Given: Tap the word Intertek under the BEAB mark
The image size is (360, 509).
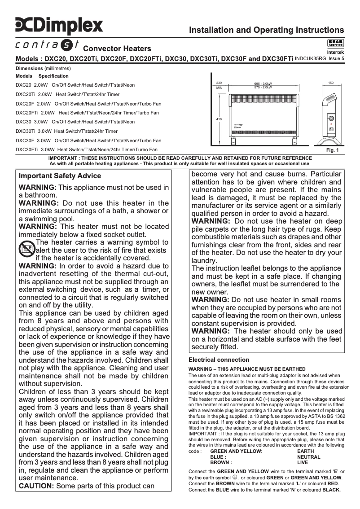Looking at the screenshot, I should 335,52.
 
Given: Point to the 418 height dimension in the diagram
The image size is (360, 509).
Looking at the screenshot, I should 219,119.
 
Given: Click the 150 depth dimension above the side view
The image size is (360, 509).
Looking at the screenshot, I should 331,83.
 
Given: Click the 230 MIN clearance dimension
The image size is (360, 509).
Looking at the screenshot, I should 219,85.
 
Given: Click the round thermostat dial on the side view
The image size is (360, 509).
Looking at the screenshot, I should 331,119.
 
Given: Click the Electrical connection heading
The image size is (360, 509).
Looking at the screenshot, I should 219,360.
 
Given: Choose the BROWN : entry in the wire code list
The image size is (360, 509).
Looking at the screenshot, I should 221,462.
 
